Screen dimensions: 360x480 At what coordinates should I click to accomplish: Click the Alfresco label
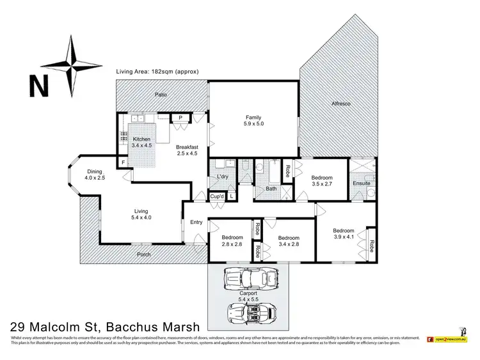[x=342, y=103]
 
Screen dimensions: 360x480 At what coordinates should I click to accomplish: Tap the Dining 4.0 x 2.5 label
[x=94, y=175]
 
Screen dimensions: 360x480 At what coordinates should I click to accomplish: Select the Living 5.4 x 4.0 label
[x=140, y=214]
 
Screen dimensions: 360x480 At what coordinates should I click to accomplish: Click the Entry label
[x=196, y=223]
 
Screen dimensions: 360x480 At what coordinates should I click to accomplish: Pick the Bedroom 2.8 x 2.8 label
[x=232, y=240]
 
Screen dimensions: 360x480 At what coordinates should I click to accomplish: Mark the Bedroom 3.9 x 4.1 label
[x=343, y=234]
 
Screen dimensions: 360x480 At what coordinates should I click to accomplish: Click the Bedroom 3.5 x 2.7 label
[x=321, y=181]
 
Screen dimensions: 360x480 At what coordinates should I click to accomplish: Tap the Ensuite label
[x=361, y=184]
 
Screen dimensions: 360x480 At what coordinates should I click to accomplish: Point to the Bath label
[x=271, y=189]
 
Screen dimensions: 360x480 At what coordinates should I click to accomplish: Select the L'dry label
[x=223, y=176]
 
